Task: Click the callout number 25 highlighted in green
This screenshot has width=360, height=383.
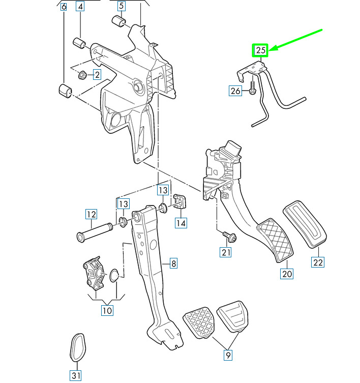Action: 261,50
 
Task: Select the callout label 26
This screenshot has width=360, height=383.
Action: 235,92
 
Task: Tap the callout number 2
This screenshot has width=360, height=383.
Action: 96,75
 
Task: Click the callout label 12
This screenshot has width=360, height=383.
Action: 91,214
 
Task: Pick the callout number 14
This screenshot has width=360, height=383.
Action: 180,222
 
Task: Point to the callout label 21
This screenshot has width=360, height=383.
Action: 226,251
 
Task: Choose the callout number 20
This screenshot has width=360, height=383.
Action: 287,274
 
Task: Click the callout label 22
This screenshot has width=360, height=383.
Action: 318,262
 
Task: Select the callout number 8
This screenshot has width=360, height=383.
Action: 173,263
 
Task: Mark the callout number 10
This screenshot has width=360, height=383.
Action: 107,309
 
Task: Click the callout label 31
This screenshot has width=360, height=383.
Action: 76,376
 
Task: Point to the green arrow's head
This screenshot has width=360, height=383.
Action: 270,49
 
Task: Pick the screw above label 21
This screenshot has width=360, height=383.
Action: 227,235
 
